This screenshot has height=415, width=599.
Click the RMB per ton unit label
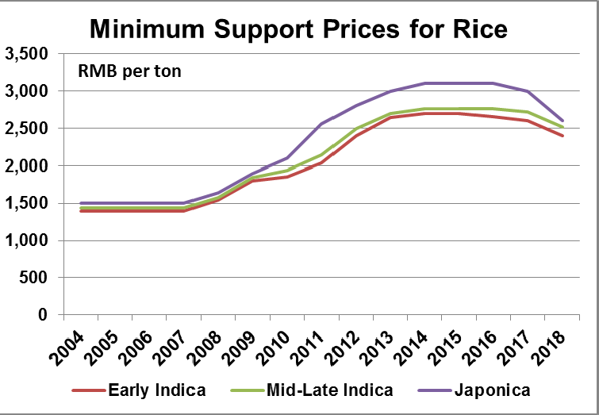click(x=129, y=71)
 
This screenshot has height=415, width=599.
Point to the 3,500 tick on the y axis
click(x=27, y=55)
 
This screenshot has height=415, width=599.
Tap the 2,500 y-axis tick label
click(x=27, y=129)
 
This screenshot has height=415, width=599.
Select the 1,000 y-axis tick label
click(x=27, y=240)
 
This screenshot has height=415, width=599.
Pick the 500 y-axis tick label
click(x=34, y=278)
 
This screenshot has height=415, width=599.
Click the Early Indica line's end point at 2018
click(x=563, y=136)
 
